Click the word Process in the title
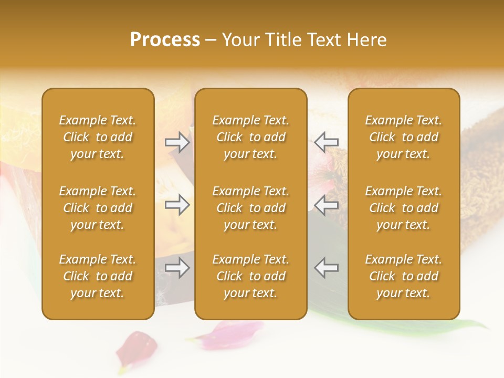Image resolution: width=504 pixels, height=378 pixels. pos(165,40)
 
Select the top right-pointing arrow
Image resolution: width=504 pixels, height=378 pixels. pos(177,142)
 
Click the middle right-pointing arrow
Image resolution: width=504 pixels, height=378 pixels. pos(177,205)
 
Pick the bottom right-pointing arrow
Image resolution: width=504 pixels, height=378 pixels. pos(177,268)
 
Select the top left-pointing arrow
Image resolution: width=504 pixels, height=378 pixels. pos(326,142)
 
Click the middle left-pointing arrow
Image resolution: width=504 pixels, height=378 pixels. pos(326,205)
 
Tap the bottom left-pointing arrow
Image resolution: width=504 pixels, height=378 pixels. pos(326,268)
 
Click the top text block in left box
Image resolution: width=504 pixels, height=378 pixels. pos(98,137)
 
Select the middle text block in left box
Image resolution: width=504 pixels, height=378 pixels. pos(98,208)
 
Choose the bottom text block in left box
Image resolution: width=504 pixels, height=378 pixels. pos(98,276)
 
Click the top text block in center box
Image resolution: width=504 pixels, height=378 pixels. pos(250,137)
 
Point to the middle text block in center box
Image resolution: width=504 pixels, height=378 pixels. pos(250,208)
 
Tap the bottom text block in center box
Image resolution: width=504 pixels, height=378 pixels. pos(250,276)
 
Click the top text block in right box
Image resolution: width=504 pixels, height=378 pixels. pos(403,137)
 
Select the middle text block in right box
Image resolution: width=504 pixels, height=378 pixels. pos(403,208)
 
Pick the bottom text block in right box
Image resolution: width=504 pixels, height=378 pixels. pos(403,276)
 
